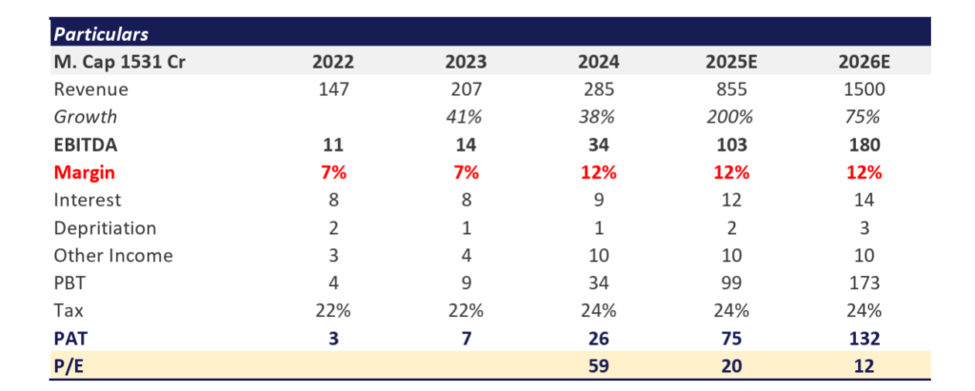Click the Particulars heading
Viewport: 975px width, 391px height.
[x=101, y=33]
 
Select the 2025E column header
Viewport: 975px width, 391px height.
[x=731, y=62]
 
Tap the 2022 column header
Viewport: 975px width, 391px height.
[x=333, y=62]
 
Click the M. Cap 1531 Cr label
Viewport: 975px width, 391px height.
[x=119, y=62]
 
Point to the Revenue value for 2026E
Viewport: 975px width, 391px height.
[x=864, y=89]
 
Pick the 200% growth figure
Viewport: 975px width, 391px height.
[x=731, y=117]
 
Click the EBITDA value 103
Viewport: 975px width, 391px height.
[x=731, y=145]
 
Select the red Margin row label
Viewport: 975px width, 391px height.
[x=85, y=173]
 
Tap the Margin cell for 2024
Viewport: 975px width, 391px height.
[x=598, y=173]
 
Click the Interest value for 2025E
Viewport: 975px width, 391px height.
[x=731, y=200]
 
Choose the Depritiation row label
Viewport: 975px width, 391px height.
[x=105, y=227]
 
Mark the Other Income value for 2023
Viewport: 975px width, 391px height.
[x=467, y=256]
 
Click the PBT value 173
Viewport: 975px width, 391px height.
[x=864, y=283]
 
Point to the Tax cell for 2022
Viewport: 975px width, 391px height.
[x=333, y=310]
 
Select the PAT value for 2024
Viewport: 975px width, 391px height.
[x=598, y=338]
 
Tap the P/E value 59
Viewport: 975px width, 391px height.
[x=598, y=366]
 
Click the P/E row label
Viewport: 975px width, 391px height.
[x=69, y=366]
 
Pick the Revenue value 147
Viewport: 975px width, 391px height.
[x=333, y=89]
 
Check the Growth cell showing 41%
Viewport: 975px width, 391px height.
[x=467, y=117]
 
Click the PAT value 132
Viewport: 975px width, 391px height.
[x=864, y=338]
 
